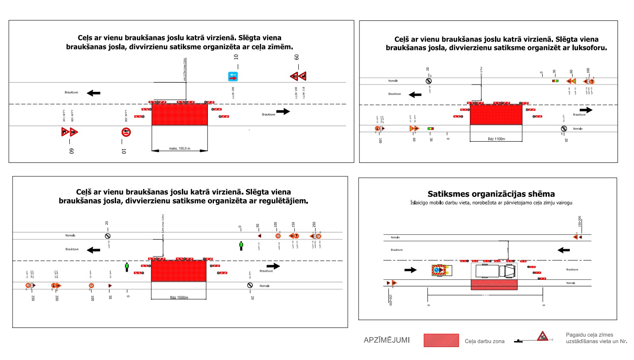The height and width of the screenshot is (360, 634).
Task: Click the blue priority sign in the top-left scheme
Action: tap(233, 77)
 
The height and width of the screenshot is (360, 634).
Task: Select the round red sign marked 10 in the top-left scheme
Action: tap(126, 132)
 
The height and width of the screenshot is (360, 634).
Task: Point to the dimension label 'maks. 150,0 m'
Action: tap(179, 149)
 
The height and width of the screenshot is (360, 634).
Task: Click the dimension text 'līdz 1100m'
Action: tap(496, 139)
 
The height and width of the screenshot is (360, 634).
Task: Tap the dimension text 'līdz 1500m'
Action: tap(179, 298)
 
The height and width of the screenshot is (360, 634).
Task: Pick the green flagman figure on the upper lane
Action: tap(241, 246)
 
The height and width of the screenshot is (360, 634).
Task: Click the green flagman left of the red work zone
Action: tap(127, 267)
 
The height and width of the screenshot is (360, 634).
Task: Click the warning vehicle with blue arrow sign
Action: tap(442, 270)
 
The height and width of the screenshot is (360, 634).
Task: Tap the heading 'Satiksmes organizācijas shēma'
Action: tap(491, 194)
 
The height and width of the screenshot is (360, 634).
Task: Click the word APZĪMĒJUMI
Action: tap(387, 340)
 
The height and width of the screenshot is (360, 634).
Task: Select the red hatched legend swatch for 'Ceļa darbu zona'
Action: tap(441, 340)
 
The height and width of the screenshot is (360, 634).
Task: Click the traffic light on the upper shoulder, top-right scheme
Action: tap(555, 81)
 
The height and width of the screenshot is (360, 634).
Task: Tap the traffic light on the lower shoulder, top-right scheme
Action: tap(430, 129)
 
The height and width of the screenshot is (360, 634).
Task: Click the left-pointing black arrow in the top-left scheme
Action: tap(94, 93)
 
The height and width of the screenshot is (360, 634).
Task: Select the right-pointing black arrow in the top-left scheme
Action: tap(283, 111)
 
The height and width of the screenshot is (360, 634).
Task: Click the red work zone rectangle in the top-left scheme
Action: tap(179, 114)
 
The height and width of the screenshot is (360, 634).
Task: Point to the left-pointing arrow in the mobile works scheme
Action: tap(563, 250)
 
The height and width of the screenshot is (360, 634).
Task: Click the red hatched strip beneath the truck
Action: tap(494, 285)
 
